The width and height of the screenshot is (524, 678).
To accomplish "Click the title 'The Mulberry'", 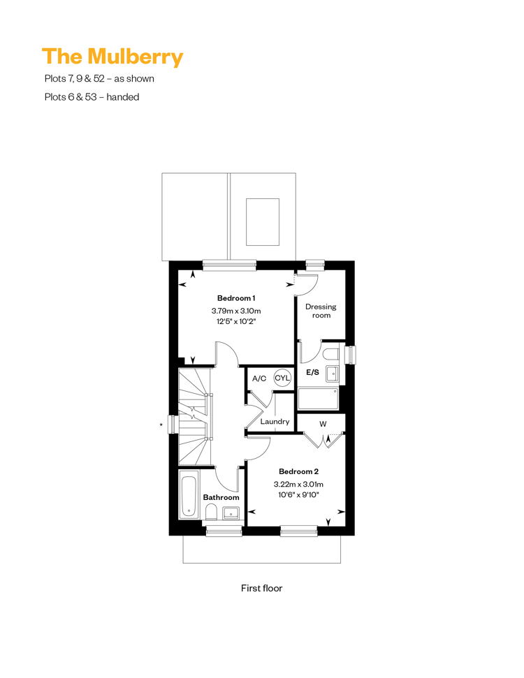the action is pyautogui.click(x=112, y=57).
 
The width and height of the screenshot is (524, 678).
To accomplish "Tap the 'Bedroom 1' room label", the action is pyautogui.click(x=236, y=298).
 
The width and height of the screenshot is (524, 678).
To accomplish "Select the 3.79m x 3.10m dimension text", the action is pyautogui.click(x=236, y=311).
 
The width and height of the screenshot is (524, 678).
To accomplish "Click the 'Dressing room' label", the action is pyautogui.click(x=321, y=311).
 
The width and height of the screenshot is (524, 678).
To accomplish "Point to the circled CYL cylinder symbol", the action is pyautogui.click(x=282, y=378).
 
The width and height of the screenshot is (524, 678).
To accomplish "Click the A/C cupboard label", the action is pyautogui.click(x=259, y=378).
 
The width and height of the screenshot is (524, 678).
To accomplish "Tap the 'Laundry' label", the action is pyautogui.click(x=275, y=422).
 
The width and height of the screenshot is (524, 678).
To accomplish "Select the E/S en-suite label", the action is pyautogui.click(x=312, y=372).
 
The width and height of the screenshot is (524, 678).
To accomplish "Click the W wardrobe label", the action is pyautogui.click(x=323, y=424).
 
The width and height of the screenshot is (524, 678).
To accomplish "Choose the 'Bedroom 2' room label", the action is pyautogui.click(x=298, y=471).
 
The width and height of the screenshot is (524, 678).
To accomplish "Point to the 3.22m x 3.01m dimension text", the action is pyautogui.click(x=298, y=485).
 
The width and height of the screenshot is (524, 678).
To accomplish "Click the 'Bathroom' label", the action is pyautogui.click(x=221, y=497).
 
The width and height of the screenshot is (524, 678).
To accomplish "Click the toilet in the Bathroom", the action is pyautogui.click(x=211, y=514).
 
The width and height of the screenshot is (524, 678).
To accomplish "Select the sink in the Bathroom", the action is pyautogui.click(x=231, y=513).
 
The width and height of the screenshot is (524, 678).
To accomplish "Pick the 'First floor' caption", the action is pyautogui.click(x=261, y=588).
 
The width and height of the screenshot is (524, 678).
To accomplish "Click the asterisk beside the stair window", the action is pyautogui.click(x=161, y=425).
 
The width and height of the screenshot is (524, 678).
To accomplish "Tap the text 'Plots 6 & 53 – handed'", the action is pyautogui.click(x=92, y=97).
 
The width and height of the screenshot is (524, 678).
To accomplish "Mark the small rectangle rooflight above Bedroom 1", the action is pyautogui.click(x=263, y=222).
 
